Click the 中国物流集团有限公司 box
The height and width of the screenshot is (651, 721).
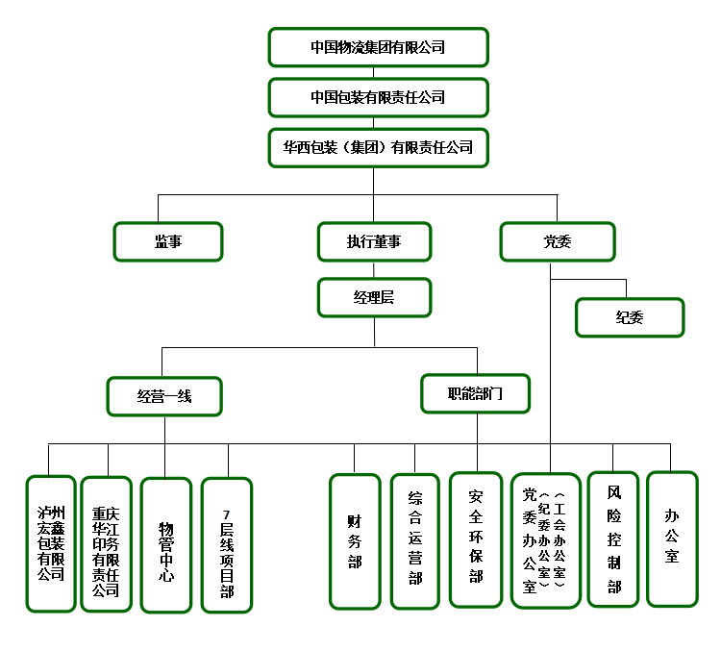pos(378,47)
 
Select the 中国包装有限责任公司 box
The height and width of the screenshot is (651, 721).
pos(378,97)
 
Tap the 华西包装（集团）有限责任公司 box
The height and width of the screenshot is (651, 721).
pos(378,148)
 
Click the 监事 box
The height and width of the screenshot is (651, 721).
pos(168,242)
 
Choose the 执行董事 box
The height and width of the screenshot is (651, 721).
pos(374,242)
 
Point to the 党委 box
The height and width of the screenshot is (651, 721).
pos(557,242)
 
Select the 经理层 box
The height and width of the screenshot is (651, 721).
pos(374,298)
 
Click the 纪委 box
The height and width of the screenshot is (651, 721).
pos(630,318)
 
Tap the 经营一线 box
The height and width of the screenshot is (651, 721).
pos(164,395)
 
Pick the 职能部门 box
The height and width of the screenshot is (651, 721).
pos(475,393)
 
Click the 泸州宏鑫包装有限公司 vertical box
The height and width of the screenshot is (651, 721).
pos(51,543)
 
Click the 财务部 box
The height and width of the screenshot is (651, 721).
pos(355,541)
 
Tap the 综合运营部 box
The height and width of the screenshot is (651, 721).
pos(415,541)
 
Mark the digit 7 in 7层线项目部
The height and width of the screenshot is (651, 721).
pos(227,513)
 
